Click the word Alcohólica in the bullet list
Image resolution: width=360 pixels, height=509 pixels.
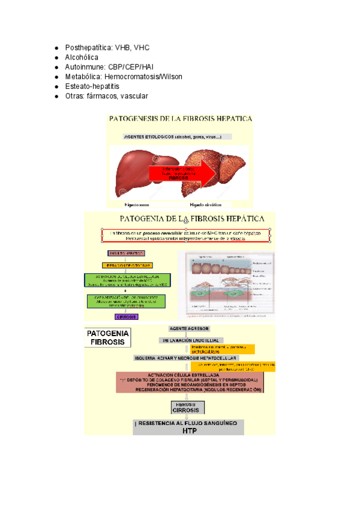81,57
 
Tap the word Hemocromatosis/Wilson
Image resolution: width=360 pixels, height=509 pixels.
143,77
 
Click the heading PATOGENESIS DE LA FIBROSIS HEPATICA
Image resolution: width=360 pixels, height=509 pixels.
180,119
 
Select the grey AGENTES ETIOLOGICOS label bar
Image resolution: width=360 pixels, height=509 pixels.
177,136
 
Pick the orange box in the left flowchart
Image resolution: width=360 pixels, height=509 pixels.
128,265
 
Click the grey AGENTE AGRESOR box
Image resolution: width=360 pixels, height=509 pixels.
190,329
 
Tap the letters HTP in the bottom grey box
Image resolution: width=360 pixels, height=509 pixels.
190,430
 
